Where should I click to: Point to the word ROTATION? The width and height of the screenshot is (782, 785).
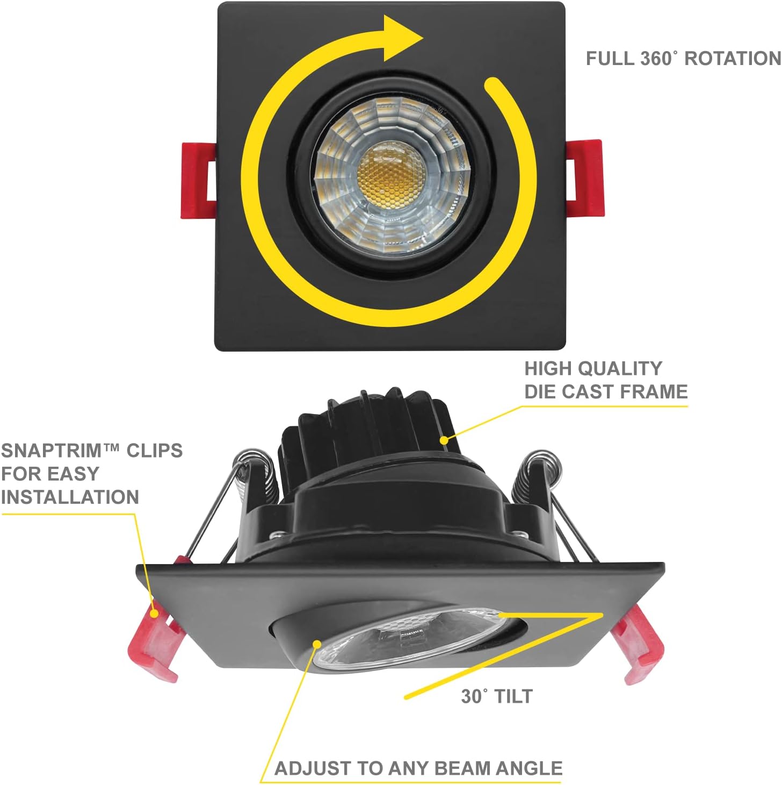[733, 59]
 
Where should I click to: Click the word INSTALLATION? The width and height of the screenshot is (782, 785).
[70, 497]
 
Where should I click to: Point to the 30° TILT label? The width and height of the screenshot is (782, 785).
[497, 696]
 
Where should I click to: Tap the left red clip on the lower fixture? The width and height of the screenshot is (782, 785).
[156, 645]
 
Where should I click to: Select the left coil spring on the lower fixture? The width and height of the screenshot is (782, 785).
[248, 473]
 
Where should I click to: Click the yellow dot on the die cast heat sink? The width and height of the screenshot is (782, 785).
[444, 440]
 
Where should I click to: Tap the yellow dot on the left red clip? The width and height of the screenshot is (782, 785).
[155, 612]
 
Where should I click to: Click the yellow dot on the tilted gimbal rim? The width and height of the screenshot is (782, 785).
[317, 643]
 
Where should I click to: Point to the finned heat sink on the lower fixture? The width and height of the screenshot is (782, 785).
[365, 430]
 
